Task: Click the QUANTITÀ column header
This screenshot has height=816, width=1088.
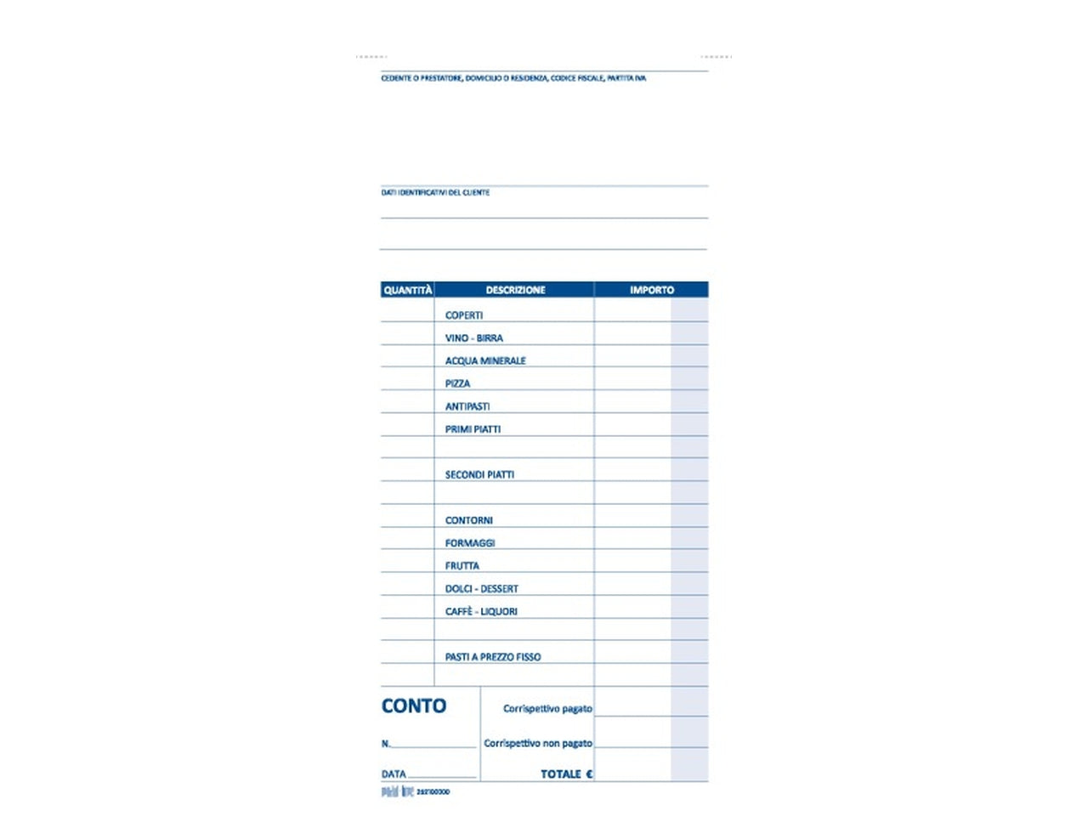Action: point(407,290)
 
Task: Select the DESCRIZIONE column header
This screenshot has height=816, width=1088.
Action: point(515,290)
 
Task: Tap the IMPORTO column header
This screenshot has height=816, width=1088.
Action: point(651,290)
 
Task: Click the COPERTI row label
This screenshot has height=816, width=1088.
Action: point(464,315)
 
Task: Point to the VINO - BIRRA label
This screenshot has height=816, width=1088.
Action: point(473,338)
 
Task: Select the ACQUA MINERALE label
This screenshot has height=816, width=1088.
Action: point(485,361)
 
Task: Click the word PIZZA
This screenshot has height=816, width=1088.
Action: point(457,384)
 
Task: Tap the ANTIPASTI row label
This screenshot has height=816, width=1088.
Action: point(467,407)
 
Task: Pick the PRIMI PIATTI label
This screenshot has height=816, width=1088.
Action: point(473,430)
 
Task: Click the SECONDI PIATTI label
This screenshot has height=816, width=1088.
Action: point(479,475)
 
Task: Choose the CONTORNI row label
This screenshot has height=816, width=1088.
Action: point(468,521)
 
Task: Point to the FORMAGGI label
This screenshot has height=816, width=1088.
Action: point(470,543)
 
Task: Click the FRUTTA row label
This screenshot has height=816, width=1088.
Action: point(462,566)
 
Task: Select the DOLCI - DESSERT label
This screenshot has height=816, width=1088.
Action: point(481,589)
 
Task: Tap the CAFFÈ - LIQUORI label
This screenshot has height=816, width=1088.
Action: point(481,612)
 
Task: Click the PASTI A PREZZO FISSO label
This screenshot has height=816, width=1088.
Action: point(493,657)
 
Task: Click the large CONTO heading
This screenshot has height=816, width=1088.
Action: point(414,706)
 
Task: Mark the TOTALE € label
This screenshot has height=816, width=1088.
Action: point(567,774)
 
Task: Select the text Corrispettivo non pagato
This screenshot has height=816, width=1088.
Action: point(538,744)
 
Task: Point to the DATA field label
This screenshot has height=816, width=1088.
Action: point(394,774)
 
